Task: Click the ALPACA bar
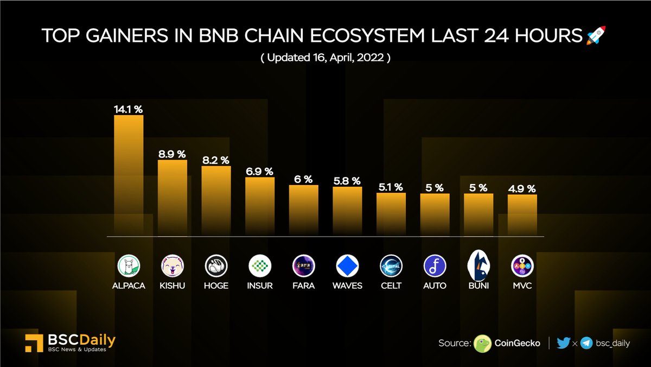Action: (129, 174)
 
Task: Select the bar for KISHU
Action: (173, 197)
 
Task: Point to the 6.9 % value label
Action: (260, 171)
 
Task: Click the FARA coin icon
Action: (303, 266)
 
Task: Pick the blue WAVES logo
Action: (347, 266)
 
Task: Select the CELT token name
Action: (391, 286)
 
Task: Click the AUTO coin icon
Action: (435, 266)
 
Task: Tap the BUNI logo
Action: (478, 264)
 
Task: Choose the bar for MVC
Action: (522, 215)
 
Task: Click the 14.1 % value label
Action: (129, 109)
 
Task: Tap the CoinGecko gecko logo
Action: (482, 343)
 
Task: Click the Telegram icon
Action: (586, 343)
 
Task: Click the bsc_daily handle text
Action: (612, 343)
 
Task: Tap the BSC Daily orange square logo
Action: (35, 343)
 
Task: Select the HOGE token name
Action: (216, 286)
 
